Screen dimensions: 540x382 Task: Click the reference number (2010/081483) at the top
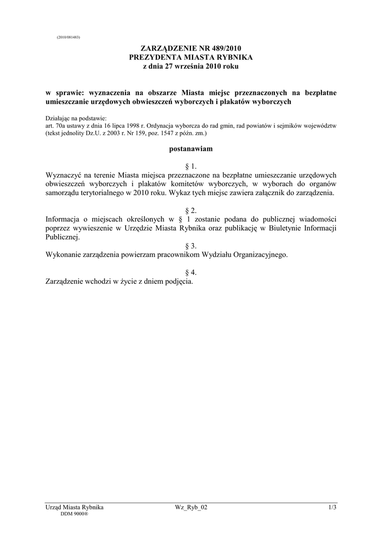point(68,37)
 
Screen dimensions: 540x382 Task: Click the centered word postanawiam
point(190,149)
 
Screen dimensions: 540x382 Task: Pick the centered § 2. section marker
point(190,210)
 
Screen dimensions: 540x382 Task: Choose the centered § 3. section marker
point(190,246)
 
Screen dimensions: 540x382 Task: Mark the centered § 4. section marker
point(190,273)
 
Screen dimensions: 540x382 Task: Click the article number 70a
point(60,127)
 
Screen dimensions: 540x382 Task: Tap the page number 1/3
point(332,507)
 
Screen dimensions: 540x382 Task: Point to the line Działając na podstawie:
point(77,119)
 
